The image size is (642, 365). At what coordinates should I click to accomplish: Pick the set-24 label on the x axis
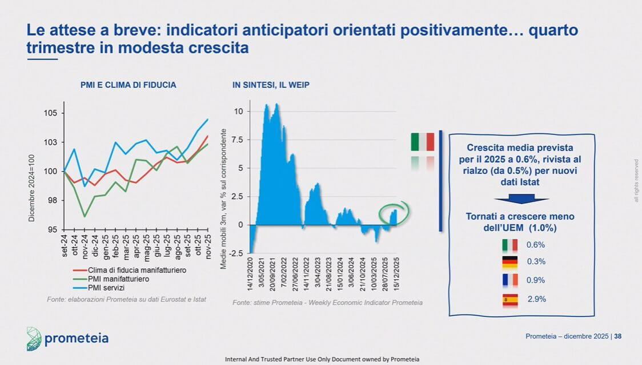click(65, 244)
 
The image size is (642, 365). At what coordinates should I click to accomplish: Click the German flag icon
click(509, 262)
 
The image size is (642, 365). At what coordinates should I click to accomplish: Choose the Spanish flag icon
click(509, 299)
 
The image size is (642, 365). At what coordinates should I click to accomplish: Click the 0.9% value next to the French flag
click(535, 280)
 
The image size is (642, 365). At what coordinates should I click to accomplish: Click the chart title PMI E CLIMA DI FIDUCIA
click(128, 85)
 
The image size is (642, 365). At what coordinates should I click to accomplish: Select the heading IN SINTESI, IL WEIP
click(271, 85)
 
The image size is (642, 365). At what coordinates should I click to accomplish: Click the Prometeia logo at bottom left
click(67, 339)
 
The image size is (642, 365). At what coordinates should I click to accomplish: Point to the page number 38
click(617, 336)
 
